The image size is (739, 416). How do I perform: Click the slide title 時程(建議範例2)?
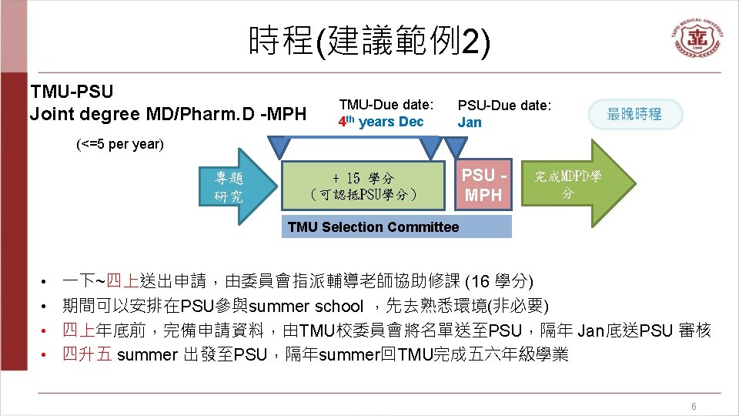click(x=369, y=39)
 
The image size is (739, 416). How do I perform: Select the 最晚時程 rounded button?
click(x=634, y=114)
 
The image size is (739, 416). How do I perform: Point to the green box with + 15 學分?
click(x=363, y=186)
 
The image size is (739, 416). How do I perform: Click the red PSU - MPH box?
click(x=483, y=186)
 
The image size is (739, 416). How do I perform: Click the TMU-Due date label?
click(x=386, y=104)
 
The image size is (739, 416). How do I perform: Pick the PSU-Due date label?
click(x=504, y=105)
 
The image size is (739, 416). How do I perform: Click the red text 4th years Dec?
click(x=381, y=122)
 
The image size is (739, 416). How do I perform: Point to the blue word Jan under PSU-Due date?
click(x=469, y=122)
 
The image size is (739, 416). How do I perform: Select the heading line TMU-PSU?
click(x=71, y=92)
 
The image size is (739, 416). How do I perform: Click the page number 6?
click(x=694, y=406)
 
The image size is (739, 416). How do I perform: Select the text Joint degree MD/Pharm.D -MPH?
click(x=167, y=114)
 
